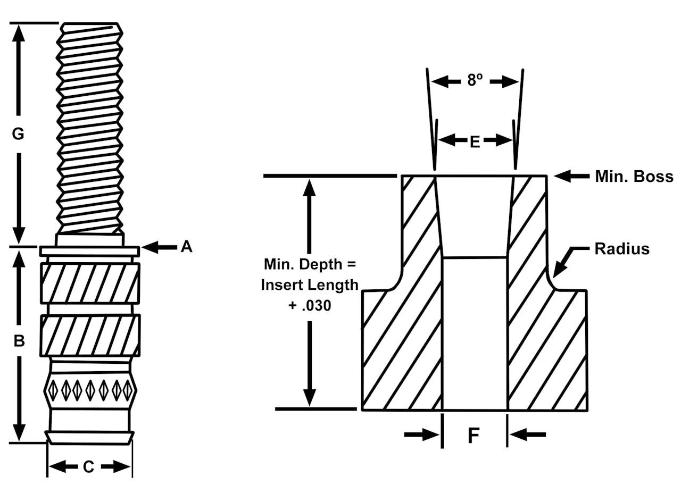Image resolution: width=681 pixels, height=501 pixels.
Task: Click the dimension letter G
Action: pos(18,134)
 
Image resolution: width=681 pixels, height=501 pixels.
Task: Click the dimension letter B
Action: pos(19,341)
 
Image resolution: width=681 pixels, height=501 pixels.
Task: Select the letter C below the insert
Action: pos(89,467)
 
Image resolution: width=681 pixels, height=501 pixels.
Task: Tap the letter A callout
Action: pos(186,247)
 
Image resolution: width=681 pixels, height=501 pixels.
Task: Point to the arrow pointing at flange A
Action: pos(159,247)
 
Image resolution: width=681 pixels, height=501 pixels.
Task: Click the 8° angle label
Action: pos(475,80)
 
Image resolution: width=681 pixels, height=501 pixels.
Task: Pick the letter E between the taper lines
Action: pos(475,141)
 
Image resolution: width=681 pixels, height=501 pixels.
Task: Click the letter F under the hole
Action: pos(474,436)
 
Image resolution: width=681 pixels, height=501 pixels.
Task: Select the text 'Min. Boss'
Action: pos(634,177)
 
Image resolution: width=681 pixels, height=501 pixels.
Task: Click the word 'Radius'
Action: pos(622,249)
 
